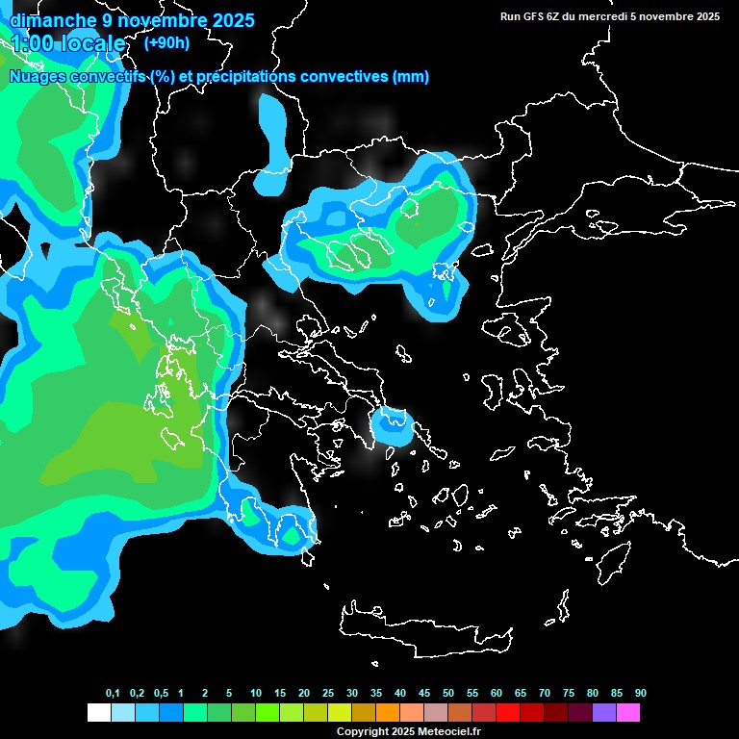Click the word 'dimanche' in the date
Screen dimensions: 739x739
click(x=45, y=20)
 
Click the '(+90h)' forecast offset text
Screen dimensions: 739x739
click(x=166, y=42)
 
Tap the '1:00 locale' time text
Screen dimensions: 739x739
click(x=67, y=43)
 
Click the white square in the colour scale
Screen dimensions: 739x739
click(x=98, y=713)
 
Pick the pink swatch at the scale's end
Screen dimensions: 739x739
click(x=628, y=713)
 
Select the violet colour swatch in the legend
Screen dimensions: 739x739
click(x=604, y=713)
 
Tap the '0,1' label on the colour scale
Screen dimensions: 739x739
click(x=113, y=693)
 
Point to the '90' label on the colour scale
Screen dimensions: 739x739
click(x=641, y=693)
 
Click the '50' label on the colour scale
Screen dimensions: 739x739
click(x=448, y=693)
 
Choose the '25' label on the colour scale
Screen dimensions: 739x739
click(x=328, y=693)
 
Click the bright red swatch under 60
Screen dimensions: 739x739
click(x=508, y=713)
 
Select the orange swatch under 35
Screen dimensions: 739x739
click(x=388, y=713)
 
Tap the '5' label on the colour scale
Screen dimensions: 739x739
click(x=229, y=693)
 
